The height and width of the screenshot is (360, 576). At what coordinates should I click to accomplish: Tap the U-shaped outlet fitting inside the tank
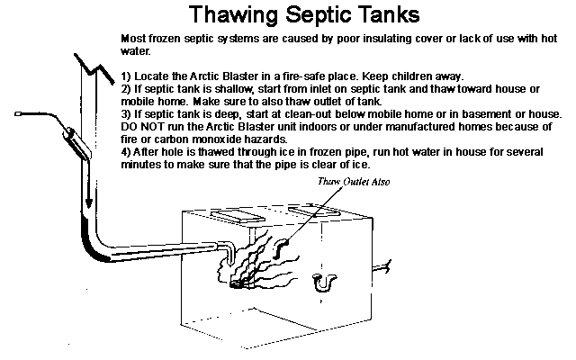coord(322,283)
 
